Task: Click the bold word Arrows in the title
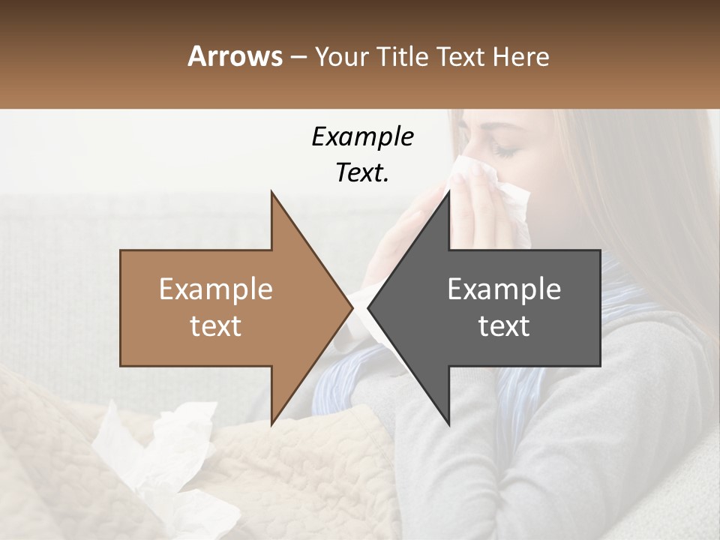click(235, 56)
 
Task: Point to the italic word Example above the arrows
click(362, 137)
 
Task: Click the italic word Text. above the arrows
click(362, 173)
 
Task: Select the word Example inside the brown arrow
click(216, 289)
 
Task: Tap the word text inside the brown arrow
click(216, 326)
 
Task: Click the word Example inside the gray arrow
click(504, 289)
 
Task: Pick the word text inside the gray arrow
click(504, 326)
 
